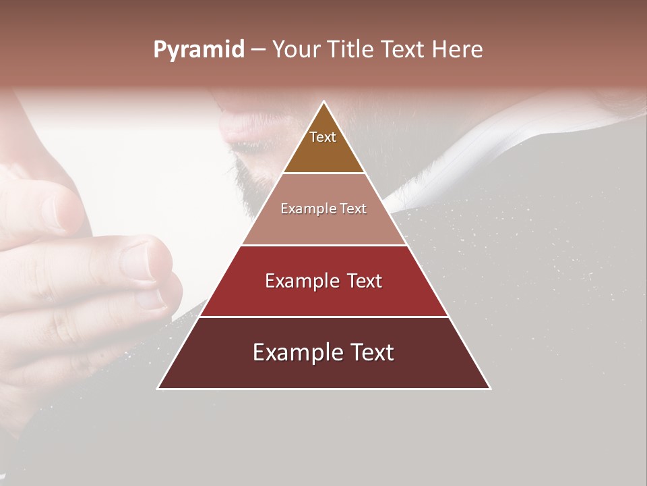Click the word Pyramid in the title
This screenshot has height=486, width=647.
click(199, 50)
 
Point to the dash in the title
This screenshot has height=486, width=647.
click(258, 50)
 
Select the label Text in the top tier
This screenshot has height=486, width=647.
click(323, 137)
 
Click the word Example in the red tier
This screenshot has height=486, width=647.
click(300, 281)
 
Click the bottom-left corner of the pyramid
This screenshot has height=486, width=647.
click(158, 388)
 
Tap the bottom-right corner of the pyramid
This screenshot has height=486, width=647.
click(490, 388)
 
